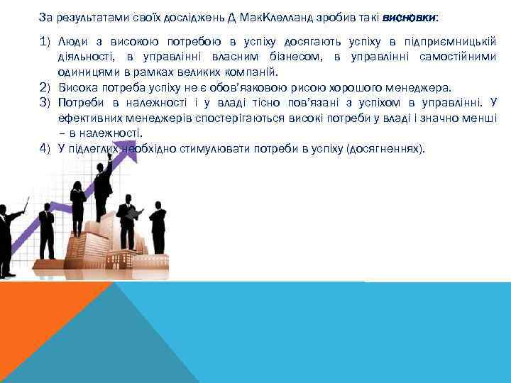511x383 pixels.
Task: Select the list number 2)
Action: [47, 88]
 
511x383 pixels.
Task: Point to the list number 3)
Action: [47, 103]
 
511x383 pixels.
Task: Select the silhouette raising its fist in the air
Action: [104, 186]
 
